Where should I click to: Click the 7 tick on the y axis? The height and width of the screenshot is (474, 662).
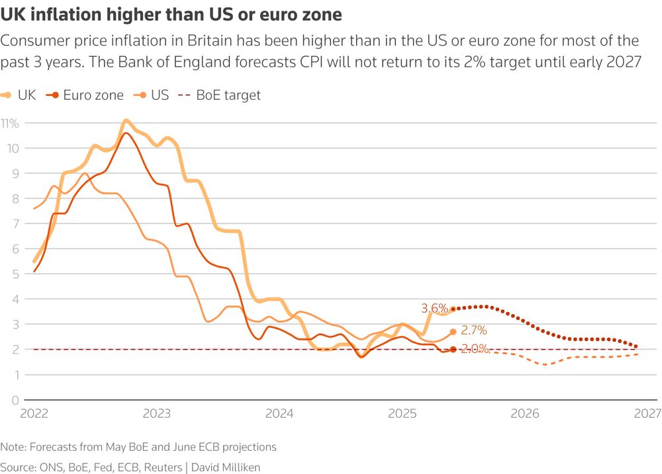(x=15, y=223)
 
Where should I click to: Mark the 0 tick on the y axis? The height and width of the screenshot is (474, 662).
(x=15, y=400)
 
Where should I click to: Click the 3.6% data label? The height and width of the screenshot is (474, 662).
(x=434, y=308)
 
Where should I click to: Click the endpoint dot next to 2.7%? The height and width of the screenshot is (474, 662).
(x=453, y=332)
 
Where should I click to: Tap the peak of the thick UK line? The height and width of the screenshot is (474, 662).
(x=126, y=120)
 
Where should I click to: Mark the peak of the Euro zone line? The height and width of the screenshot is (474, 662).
(x=126, y=133)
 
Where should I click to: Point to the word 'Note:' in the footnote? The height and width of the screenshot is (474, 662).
(x=15, y=447)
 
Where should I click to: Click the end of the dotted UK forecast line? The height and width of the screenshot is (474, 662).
(x=637, y=346)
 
